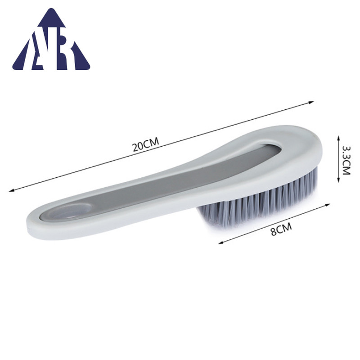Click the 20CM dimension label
pyautogui.click(x=146, y=144)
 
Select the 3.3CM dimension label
pyautogui.click(x=346, y=160)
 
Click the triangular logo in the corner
pyautogui.click(x=51, y=39)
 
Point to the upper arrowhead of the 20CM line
pyautogui.click(x=311, y=103)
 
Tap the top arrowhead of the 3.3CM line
pyautogui.click(x=338, y=138)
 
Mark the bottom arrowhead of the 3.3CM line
pyautogui.click(x=338, y=180)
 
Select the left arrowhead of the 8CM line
pyautogui.click(x=221, y=242)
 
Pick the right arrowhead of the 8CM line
pyautogui.click(x=328, y=205)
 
